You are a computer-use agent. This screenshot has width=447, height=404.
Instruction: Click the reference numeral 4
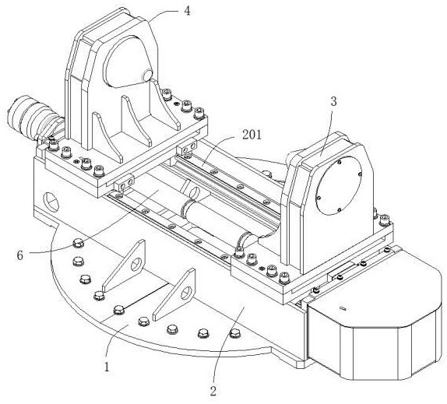point(187,11)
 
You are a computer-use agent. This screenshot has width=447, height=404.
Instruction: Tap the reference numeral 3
point(333,102)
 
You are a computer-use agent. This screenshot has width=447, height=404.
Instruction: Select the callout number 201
point(252,135)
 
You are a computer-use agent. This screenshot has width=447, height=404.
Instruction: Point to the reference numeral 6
point(19,255)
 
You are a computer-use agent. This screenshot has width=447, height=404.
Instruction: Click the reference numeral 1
point(107,367)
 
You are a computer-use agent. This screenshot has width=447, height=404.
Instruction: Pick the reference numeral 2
point(213,392)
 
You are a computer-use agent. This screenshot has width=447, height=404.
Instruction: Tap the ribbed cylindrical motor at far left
point(31,117)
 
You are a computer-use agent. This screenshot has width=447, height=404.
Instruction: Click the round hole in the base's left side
point(51,202)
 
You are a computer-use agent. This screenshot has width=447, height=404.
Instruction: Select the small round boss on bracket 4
point(148,76)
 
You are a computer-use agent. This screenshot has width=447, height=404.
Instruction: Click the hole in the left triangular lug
point(136,265)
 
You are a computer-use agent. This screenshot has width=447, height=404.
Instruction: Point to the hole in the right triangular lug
point(186,293)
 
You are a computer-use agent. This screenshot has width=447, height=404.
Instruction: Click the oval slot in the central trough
point(195,191)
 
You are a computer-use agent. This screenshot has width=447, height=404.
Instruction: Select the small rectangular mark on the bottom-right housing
point(343,308)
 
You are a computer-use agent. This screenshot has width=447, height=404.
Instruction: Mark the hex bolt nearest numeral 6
point(79,244)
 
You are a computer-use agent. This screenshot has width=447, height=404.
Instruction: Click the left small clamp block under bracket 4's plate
point(124,185)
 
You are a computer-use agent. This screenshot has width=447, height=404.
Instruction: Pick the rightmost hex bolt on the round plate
point(234,332)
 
